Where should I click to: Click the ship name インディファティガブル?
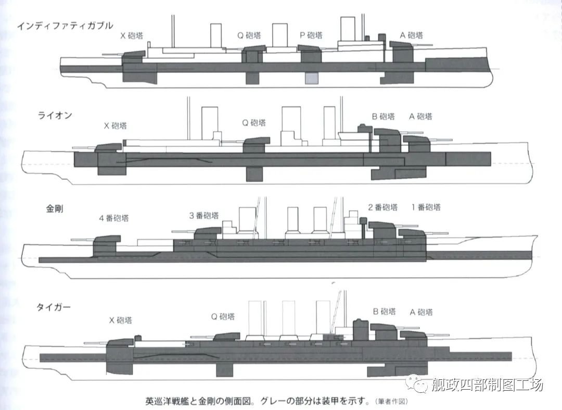(x=65, y=26)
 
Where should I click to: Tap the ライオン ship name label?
(x=55, y=116)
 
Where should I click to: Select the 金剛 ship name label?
(x=55, y=208)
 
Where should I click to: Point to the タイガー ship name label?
(x=54, y=307)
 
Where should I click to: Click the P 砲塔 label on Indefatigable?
(x=311, y=35)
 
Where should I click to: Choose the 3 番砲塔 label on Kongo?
(x=204, y=215)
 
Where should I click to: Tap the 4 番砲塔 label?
(x=114, y=218)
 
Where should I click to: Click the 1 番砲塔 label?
(x=426, y=207)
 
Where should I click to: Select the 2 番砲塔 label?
(x=383, y=207)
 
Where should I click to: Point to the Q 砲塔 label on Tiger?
(x=223, y=316)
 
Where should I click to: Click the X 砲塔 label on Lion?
(x=115, y=126)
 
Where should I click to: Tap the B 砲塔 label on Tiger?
(x=384, y=311)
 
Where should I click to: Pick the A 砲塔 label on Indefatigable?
(x=412, y=35)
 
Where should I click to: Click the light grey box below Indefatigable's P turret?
(x=312, y=78)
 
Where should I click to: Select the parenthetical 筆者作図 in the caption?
(x=391, y=401)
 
